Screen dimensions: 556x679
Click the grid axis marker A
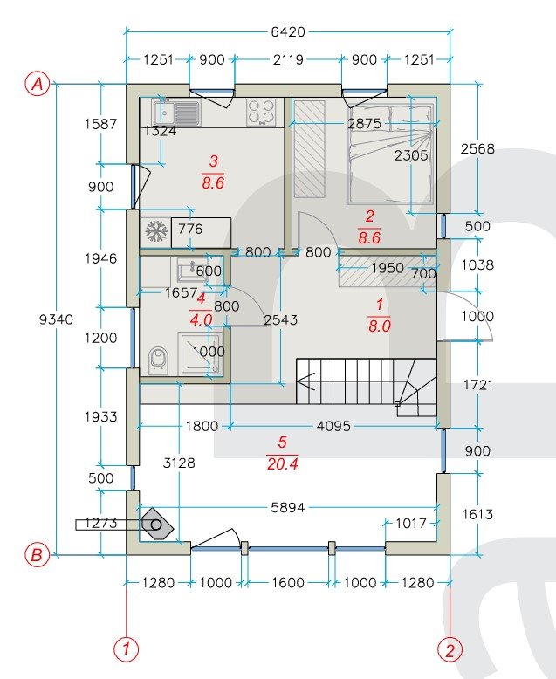[x=38, y=84]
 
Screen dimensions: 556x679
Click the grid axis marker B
[x=37, y=555]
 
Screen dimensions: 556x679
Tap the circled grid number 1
[x=127, y=648]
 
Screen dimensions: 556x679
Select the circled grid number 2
[x=450, y=650]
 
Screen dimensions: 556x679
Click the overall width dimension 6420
[x=288, y=31]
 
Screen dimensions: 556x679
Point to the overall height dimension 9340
[x=56, y=319]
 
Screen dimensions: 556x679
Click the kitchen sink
[x=175, y=113]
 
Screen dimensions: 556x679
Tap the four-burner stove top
[x=261, y=113]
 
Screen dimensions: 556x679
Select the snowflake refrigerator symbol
[x=156, y=231]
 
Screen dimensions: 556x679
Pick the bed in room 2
[x=390, y=154]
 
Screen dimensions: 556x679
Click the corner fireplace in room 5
[x=156, y=524]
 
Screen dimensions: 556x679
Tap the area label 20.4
[x=282, y=464]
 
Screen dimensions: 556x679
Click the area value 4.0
[x=201, y=320]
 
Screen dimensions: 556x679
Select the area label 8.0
[x=380, y=326]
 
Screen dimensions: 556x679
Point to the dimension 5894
[x=287, y=507]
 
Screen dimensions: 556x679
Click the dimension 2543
[x=281, y=319]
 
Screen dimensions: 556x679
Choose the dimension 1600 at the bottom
[x=287, y=582]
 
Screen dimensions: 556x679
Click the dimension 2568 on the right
[x=477, y=148]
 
